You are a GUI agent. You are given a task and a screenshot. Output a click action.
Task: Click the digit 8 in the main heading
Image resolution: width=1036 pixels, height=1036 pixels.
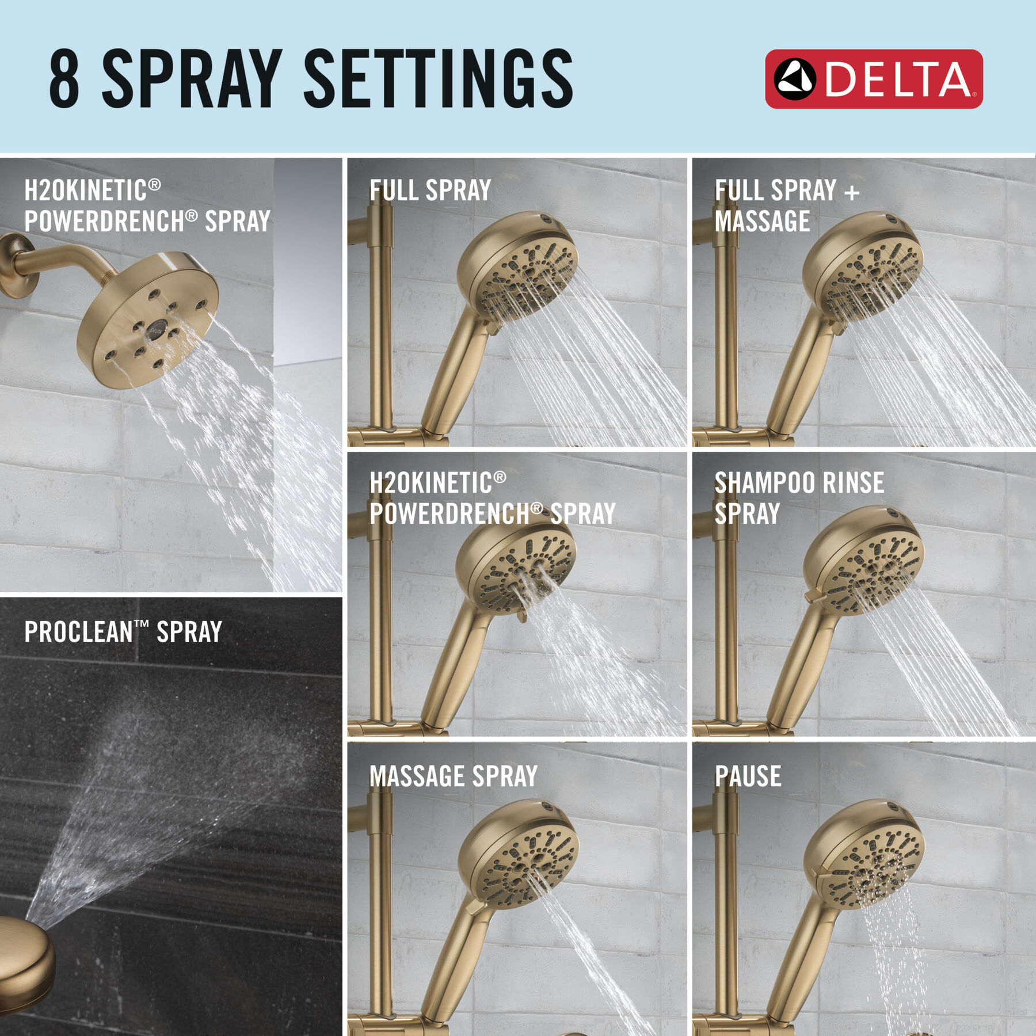[64, 79]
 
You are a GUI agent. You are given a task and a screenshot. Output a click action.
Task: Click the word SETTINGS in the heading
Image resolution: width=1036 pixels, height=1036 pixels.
[437, 79]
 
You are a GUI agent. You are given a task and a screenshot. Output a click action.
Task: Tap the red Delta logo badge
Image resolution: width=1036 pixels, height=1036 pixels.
[873, 79]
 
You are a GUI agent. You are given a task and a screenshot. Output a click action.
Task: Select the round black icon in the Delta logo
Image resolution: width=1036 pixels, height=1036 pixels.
[794, 79]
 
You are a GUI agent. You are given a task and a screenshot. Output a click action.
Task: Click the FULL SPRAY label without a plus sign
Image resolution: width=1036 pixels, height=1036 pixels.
[430, 191]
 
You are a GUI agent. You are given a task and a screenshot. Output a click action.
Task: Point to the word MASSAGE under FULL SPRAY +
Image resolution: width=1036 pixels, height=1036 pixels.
[762, 222]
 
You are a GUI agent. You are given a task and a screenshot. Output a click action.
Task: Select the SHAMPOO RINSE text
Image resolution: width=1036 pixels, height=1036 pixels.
[799, 483]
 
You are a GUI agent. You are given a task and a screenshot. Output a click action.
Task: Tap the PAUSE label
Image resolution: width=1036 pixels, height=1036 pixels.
[748, 776]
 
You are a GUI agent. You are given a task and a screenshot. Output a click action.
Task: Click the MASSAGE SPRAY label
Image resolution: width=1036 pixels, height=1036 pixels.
[453, 776]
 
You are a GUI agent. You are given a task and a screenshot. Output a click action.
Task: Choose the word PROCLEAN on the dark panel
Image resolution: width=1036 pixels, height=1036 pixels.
[78, 632]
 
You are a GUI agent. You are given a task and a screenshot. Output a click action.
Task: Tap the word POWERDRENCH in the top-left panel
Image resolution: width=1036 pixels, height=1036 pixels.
[104, 222]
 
